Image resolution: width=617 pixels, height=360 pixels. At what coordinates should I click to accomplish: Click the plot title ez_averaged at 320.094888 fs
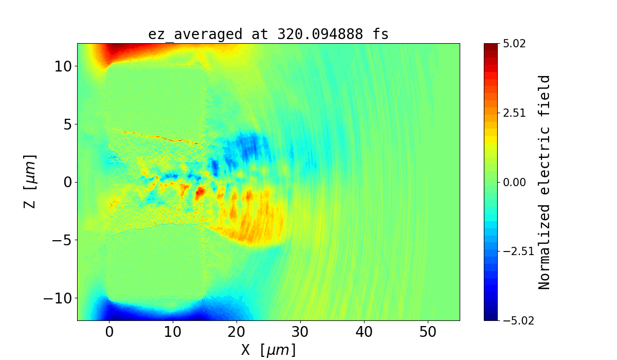[x=268, y=34]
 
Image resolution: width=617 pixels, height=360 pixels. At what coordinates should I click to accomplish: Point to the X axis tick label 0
[x=110, y=332]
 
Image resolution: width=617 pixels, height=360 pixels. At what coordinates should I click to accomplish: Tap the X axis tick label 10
[x=173, y=332]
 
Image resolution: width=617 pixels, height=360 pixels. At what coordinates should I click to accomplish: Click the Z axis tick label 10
[x=62, y=66]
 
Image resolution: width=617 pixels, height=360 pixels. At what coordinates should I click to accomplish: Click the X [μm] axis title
[x=268, y=350]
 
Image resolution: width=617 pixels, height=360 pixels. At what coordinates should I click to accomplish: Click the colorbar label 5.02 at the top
[x=515, y=44]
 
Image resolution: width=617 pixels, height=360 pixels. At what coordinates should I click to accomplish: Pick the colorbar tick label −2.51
[x=511, y=251]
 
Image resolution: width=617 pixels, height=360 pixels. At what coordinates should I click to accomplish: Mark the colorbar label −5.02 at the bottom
[x=511, y=320]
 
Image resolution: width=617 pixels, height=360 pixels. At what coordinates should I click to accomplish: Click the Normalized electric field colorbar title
[x=545, y=182]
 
